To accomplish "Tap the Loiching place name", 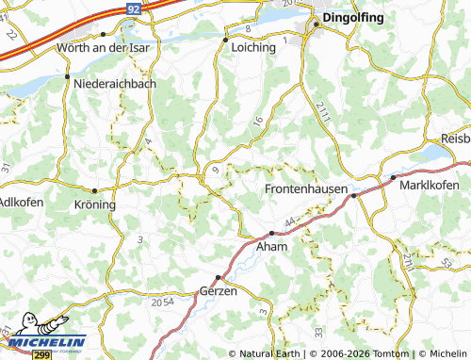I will click(252, 44).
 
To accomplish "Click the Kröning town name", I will click(93, 204).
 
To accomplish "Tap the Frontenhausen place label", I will click(304, 190).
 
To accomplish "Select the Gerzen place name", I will click(219, 292).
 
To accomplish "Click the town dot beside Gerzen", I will click(218, 277).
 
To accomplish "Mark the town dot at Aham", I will click(271, 233).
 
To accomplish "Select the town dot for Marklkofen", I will click(393, 177).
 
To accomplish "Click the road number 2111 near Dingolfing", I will click(322, 111).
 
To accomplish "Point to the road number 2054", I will click(162, 302).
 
